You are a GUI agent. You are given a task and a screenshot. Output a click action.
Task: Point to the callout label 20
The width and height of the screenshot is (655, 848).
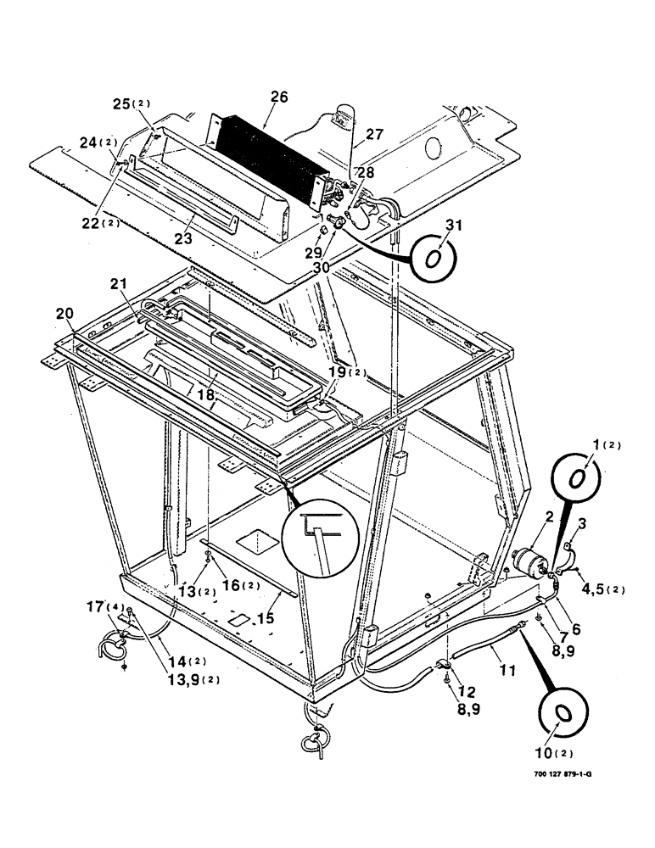(64, 313)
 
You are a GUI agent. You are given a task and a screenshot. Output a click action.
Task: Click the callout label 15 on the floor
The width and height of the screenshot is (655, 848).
(266, 619)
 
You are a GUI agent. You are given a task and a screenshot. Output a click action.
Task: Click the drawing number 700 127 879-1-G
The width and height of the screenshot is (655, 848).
(549, 798)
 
